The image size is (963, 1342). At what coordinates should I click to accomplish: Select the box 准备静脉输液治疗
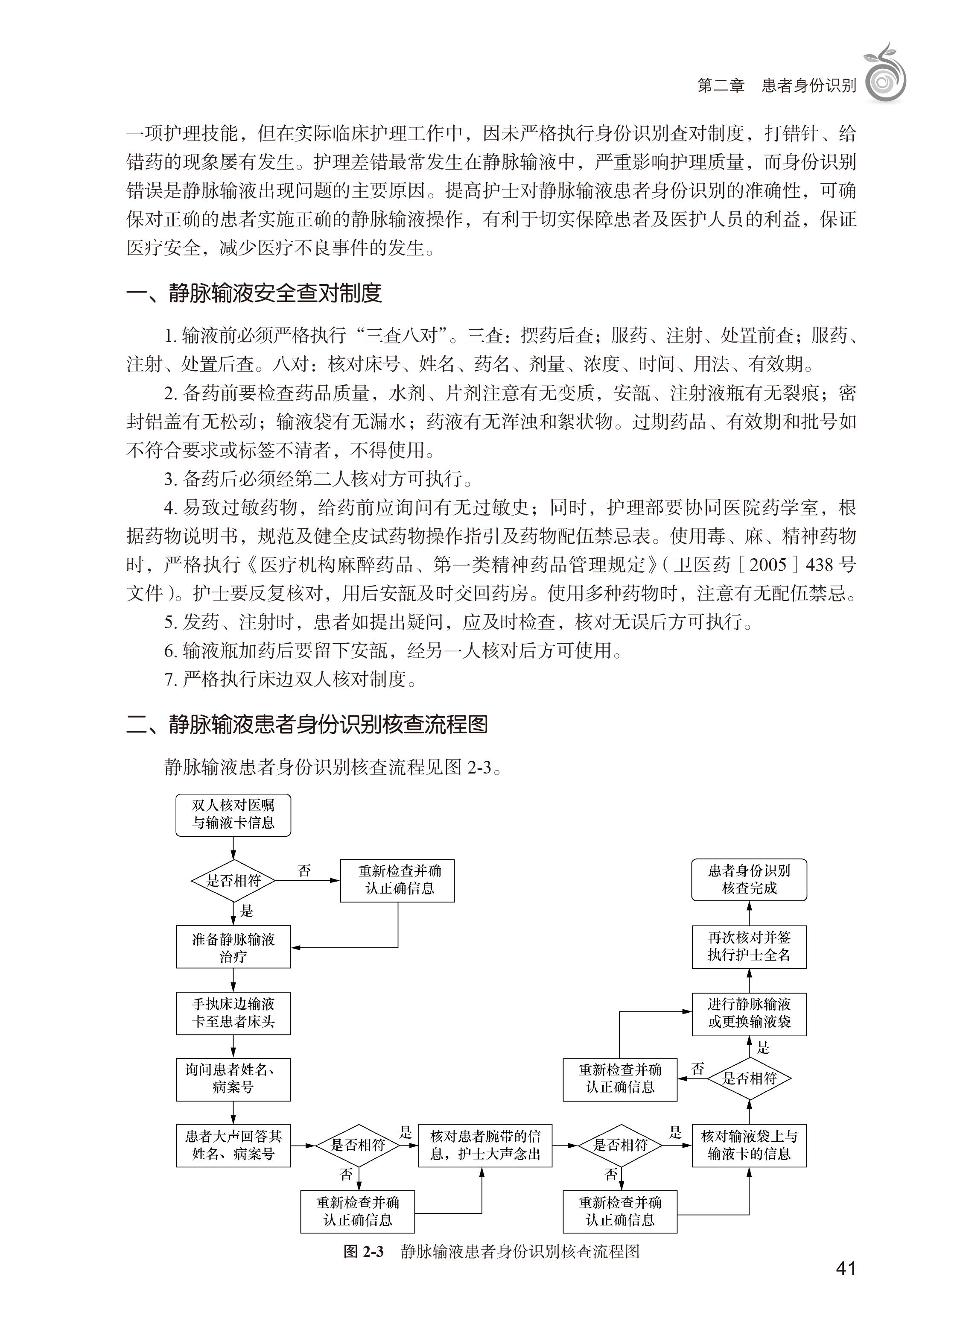[233, 947]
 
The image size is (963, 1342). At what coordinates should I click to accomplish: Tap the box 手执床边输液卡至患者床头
[233, 1013]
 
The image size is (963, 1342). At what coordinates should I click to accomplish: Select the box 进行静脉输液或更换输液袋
[749, 1014]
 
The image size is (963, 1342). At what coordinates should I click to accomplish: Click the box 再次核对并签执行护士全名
[749, 947]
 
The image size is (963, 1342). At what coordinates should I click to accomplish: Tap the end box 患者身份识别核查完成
[749, 880]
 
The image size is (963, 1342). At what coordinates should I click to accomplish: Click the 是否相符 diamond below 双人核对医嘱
[233, 880]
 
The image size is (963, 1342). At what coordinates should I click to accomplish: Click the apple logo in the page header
[885, 74]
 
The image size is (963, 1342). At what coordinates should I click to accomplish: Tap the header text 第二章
[721, 86]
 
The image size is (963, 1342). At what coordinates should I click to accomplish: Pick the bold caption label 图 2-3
[363, 1251]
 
